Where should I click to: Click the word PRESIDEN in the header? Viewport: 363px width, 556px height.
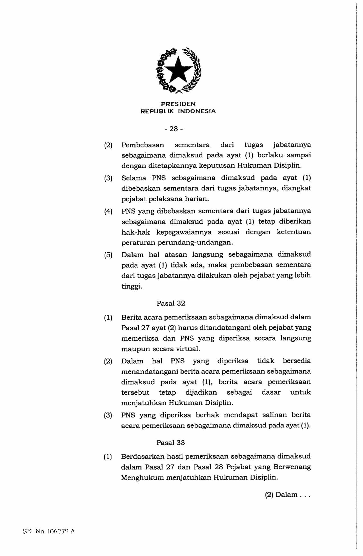[x=178, y=104]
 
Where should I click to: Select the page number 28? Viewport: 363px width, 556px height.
[x=173, y=129]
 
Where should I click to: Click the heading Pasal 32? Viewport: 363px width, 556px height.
[x=171, y=303]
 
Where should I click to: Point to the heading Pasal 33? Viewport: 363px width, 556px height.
[x=171, y=443]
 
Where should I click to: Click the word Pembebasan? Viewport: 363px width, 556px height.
[x=143, y=145]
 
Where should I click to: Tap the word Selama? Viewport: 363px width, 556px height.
[x=134, y=178]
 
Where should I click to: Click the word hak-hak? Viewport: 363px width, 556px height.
[x=136, y=232]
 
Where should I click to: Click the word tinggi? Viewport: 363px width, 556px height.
[x=132, y=286]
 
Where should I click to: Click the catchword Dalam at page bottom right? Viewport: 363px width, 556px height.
[x=286, y=495]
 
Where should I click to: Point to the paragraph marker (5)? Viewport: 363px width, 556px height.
[x=108, y=255]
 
